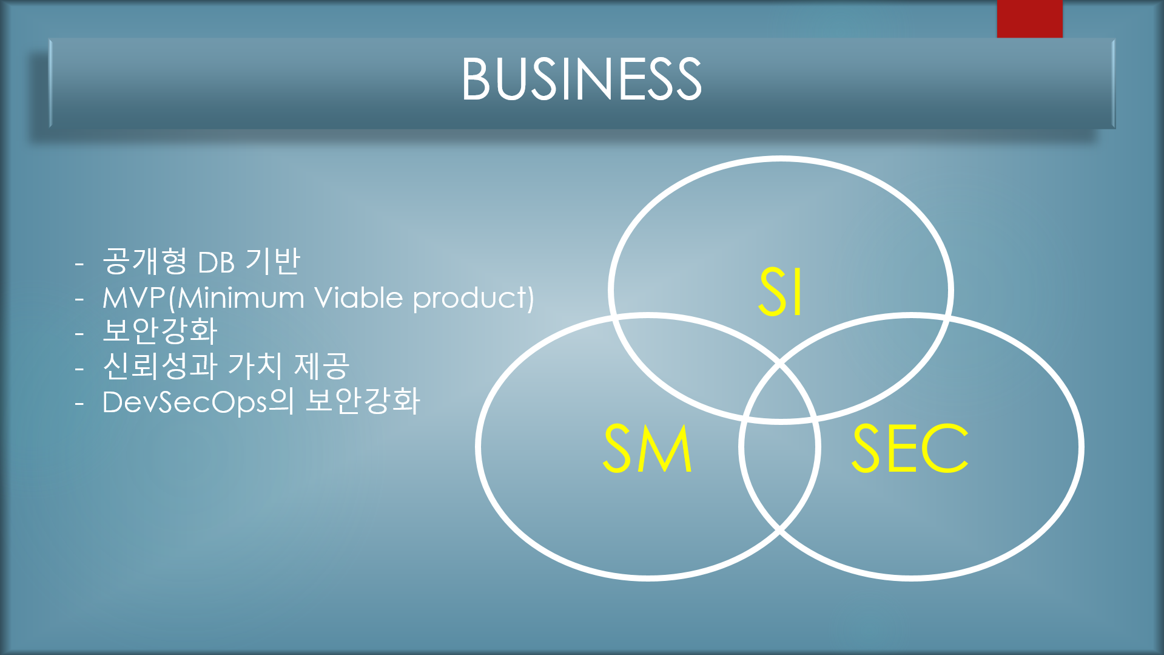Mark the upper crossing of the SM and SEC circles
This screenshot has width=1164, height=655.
(780, 364)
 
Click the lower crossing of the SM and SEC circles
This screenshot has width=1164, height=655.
(780, 530)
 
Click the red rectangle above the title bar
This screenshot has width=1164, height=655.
(1029, 19)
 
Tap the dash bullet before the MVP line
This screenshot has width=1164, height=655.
(79, 299)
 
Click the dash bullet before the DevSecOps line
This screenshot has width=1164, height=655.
(79, 403)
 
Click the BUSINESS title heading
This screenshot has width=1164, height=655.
(582, 79)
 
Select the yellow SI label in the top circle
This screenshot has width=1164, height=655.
(781, 292)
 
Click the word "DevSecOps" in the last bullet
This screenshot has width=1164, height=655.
(184, 402)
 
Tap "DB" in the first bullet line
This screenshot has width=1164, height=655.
(216, 263)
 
